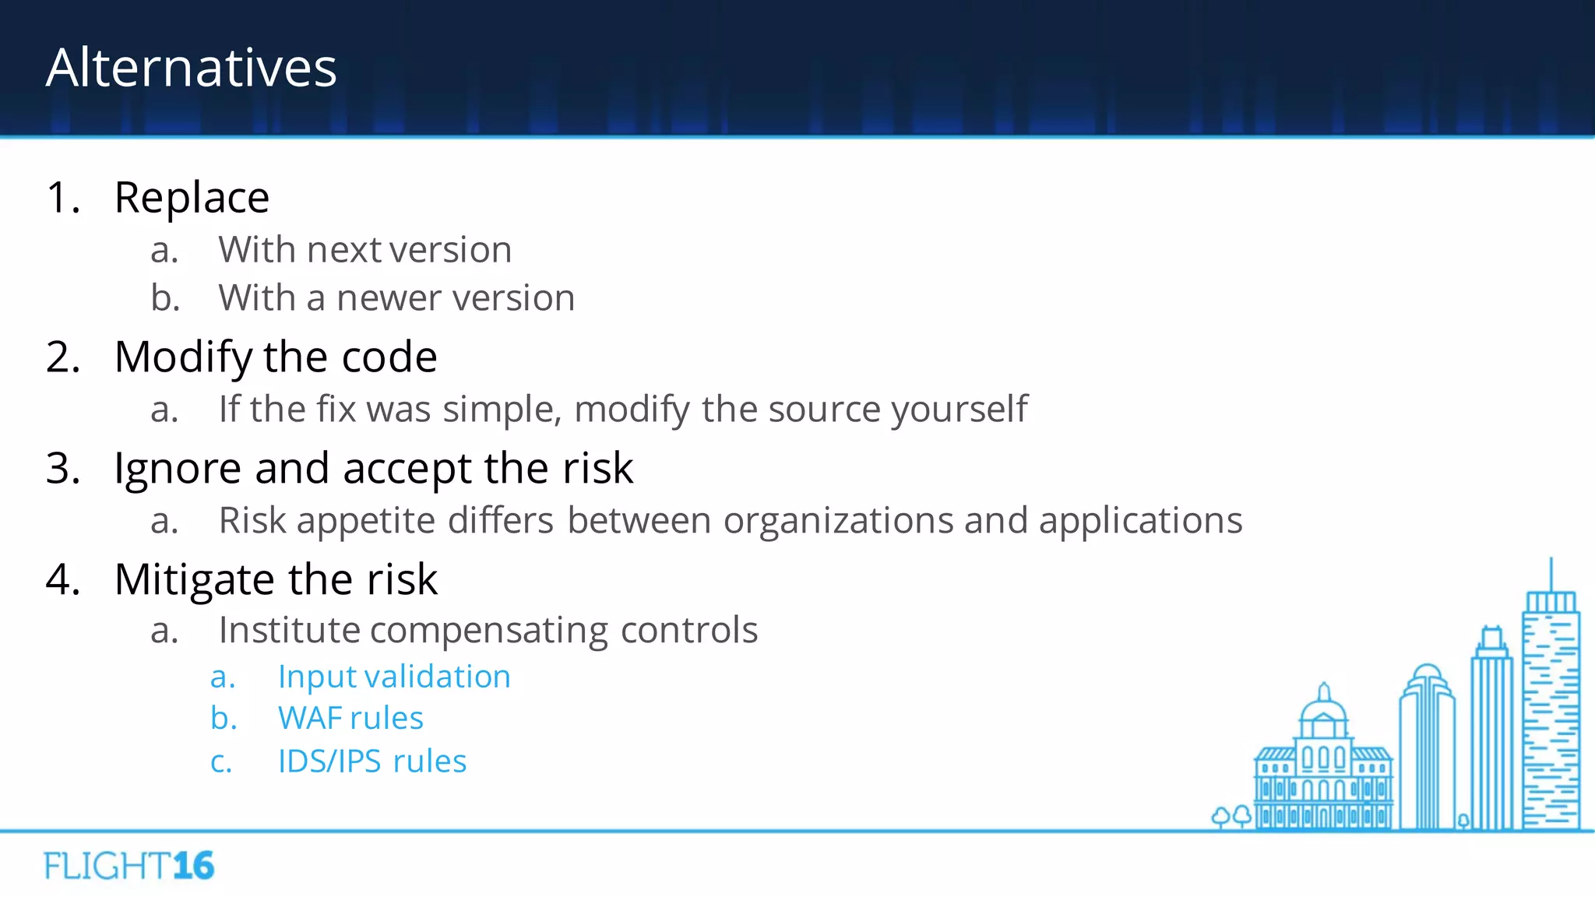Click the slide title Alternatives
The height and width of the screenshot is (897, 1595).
point(191,68)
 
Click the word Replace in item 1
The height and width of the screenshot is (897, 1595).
point(192,197)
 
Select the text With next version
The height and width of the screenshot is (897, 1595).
point(364,250)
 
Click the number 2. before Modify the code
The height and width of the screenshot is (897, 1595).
point(62,357)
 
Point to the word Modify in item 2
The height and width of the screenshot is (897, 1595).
point(182,357)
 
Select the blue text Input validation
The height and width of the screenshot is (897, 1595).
point(394,677)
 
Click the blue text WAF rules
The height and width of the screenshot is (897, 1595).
point(350,718)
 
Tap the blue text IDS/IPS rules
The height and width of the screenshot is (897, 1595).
point(372,762)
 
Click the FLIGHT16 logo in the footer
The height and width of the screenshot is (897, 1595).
point(129,866)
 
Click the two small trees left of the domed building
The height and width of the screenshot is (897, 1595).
point(1231,816)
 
